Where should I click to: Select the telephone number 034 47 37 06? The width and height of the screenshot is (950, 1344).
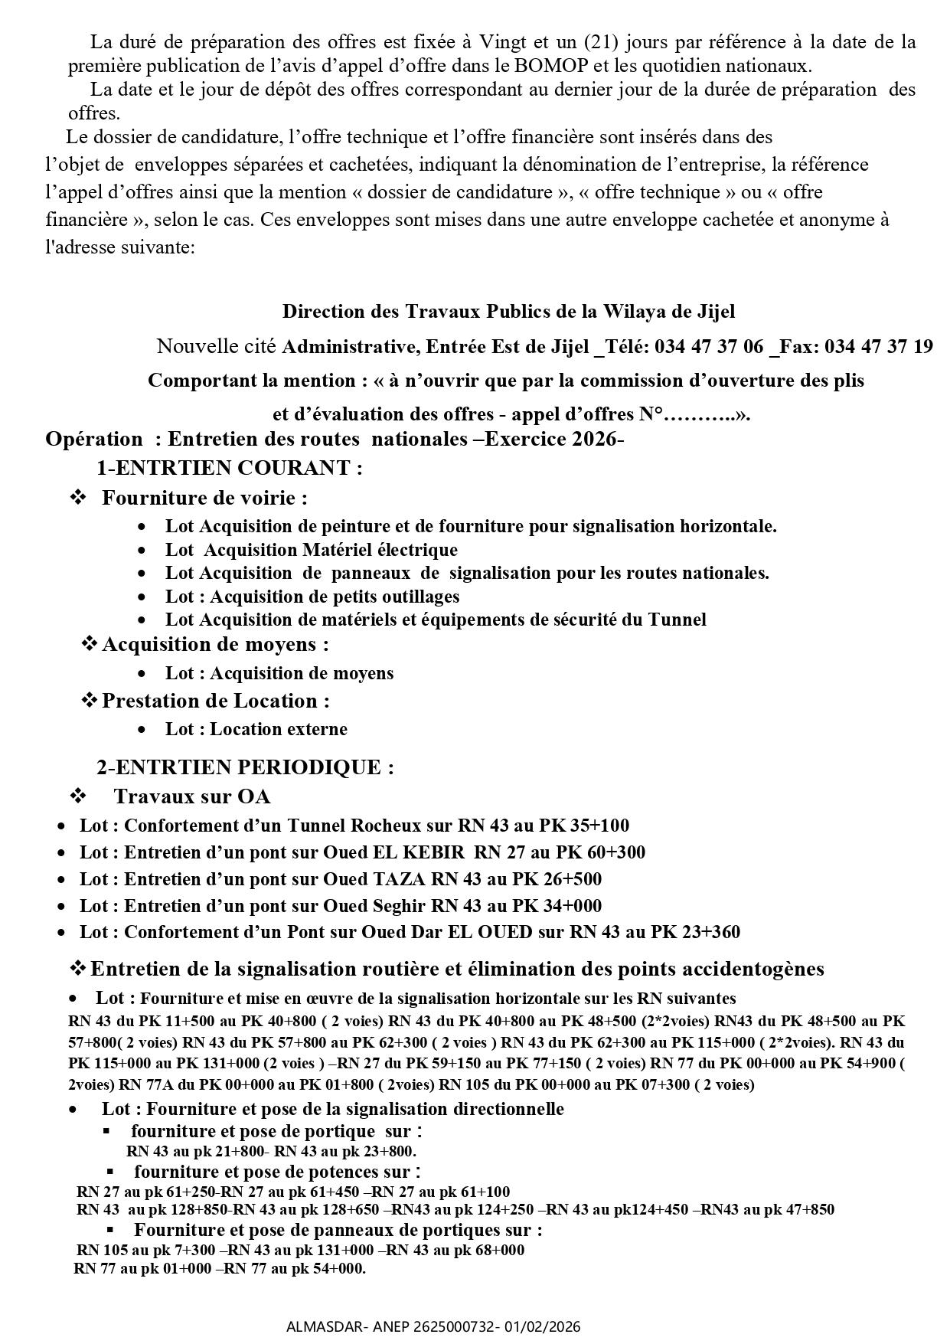[710, 347]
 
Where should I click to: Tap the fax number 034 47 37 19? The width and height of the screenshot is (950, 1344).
[880, 347]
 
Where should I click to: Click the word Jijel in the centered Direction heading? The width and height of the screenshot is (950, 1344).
[716, 312]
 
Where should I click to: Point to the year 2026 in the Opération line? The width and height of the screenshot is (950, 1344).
[593, 440]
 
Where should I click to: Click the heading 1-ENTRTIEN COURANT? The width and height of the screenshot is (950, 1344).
[229, 468]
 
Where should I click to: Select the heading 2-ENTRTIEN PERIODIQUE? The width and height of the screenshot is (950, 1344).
[245, 767]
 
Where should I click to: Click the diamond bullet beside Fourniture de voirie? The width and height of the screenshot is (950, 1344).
[78, 498]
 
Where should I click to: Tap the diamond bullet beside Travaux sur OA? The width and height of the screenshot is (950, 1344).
[78, 796]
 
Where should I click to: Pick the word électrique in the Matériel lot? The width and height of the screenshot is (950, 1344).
[418, 550]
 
